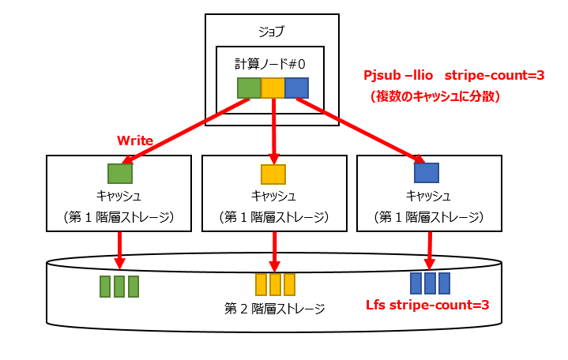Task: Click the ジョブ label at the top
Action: [271, 32]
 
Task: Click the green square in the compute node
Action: [249, 87]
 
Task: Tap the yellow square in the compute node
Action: [273, 87]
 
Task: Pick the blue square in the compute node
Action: [296, 87]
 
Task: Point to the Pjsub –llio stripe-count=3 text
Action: [453, 76]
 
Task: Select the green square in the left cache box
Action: [119, 173]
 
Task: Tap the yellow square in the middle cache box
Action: [273, 173]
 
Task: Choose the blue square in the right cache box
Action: [427, 173]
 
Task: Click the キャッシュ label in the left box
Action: [118, 196]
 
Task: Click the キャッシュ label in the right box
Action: [428, 196]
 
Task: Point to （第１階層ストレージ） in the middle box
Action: [273, 216]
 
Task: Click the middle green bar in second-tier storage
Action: [119, 285]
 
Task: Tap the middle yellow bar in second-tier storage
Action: [275, 283]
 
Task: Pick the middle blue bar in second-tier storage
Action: [430, 283]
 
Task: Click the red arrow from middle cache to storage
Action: [274, 249]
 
